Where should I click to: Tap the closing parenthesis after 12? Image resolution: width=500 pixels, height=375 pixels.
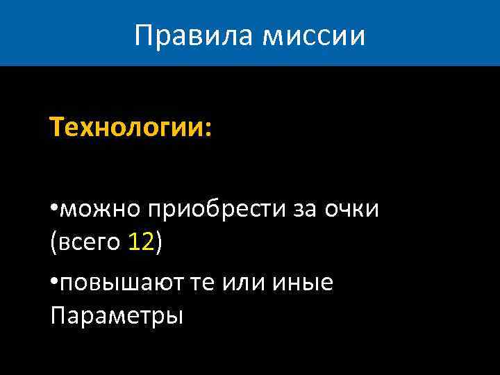(x=159, y=243)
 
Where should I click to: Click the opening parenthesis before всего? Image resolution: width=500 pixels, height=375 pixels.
(x=53, y=243)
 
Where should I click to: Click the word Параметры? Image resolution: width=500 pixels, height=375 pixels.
(x=117, y=316)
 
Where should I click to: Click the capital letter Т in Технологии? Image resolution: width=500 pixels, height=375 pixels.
(x=56, y=128)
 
